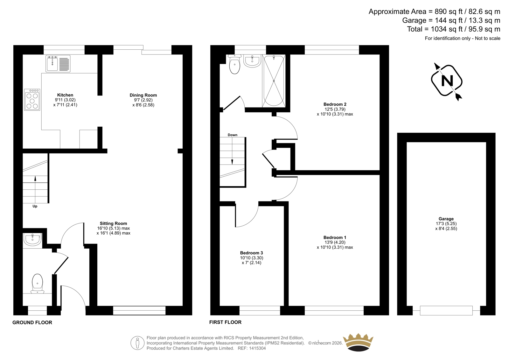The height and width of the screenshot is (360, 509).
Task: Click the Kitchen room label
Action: click(65, 95)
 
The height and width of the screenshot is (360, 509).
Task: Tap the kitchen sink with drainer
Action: click(58, 64)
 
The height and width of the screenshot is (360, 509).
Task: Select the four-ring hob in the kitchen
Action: click(32, 100)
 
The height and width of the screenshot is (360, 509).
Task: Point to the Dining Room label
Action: click(143, 95)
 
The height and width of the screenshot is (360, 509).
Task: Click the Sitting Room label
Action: click(113, 223)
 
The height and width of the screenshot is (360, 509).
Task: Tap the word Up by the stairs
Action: click(35, 206)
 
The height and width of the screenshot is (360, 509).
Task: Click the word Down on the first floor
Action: click(233, 135)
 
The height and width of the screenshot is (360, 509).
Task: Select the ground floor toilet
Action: click(38, 284)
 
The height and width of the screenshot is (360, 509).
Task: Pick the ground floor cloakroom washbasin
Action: click(32, 239)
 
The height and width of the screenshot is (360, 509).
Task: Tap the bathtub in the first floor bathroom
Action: click(274, 81)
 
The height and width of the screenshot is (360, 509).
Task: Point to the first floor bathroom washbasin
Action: click(252, 61)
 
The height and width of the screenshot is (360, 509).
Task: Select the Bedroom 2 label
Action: click(335, 104)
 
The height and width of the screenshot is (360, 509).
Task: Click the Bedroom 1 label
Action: click(335, 237)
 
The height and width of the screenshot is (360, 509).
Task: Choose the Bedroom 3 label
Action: click(252, 253)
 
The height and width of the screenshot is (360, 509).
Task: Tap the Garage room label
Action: click(446, 219)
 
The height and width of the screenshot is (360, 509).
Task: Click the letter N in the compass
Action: click(447, 81)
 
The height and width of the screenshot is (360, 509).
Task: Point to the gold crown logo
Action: click(358, 342)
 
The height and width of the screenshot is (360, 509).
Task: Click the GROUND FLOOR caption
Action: click(32, 322)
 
